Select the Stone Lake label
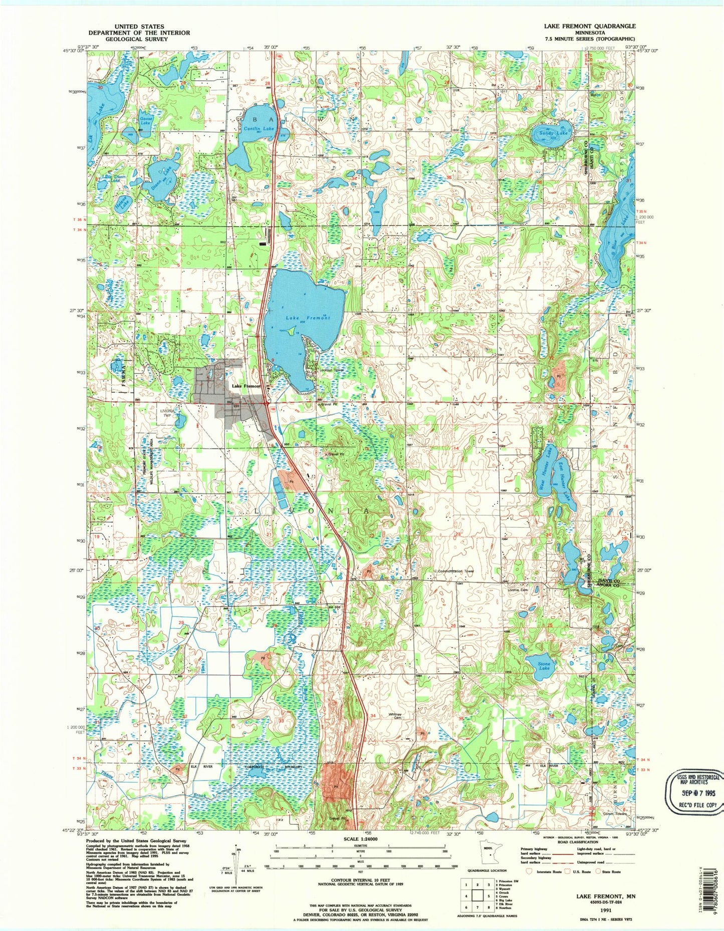tap(544, 666)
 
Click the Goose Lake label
tap(145, 121)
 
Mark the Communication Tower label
tap(455, 571)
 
